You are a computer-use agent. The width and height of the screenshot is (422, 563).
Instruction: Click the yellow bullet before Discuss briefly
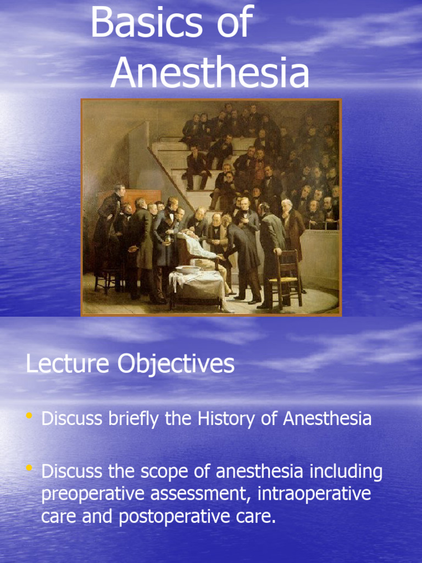29,416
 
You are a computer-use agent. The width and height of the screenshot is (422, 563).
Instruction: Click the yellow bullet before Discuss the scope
29,468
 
